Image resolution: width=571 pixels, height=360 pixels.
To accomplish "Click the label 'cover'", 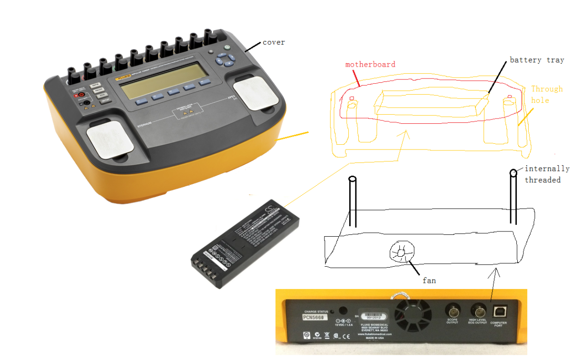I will click(274, 42).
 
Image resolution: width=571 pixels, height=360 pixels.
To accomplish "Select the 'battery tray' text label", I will click(536, 60).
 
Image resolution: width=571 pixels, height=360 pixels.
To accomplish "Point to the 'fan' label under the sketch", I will click(429, 280).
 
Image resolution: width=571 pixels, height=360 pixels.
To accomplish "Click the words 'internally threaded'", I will click(547, 174).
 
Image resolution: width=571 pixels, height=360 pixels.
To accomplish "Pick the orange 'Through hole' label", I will click(546, 94).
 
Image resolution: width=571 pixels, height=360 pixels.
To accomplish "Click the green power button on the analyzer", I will click(227, 48).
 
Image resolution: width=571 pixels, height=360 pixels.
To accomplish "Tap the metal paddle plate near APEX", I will click(256, 93).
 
